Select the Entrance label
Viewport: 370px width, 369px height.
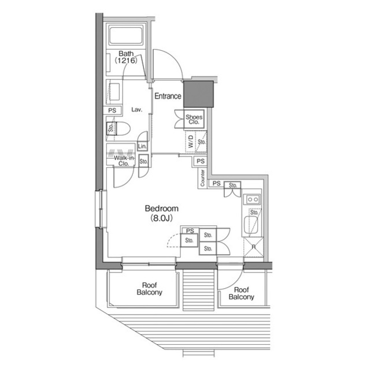pos(168,96)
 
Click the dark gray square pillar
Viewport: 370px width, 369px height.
pos(198,94)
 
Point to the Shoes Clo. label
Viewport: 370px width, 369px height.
pos(193,120)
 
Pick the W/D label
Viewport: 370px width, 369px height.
pos(191,142)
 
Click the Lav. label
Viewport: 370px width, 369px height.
pos(137,109)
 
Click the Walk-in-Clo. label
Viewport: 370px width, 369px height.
pos(123,161)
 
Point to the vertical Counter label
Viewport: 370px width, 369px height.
pos(202,178)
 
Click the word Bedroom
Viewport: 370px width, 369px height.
pos(161,208)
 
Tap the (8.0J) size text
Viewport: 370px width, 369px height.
pos(161,218)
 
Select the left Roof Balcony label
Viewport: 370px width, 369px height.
pos(149,288)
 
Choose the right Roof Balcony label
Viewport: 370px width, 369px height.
pos(241,293)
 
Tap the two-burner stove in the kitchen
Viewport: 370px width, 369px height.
pos(253,199)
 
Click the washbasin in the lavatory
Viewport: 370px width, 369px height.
pos(114,92)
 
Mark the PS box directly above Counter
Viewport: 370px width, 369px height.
pos(200,162)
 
